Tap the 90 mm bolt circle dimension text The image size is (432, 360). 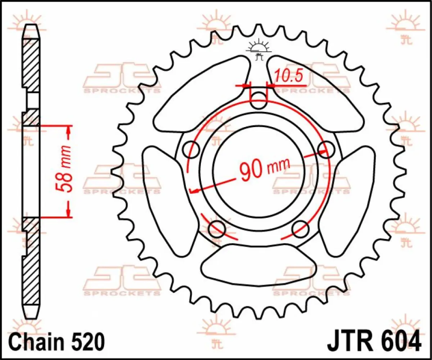click(265, 170)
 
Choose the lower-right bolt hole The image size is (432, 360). click(300, 229)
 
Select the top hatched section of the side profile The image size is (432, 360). click(31, 65)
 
